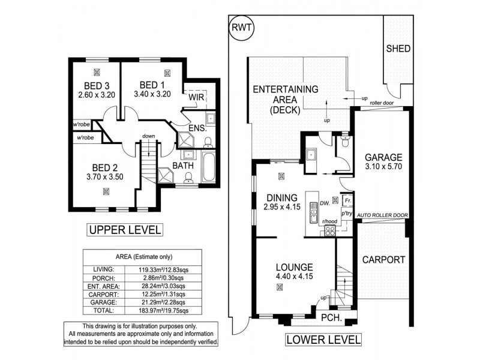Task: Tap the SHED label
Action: [x=398, y=48]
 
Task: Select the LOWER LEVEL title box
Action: [x=323, y=340]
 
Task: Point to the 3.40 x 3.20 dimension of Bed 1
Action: [x=151, y=94]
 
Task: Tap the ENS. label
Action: [x=197, y=128]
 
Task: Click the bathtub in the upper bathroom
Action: [x=210, y=168]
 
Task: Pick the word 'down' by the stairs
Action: [x=149, y=136]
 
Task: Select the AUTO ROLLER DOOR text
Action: [x=382, y=214]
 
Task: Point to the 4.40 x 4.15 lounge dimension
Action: [x=294, y=277]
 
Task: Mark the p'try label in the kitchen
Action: [x=346, y=213]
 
